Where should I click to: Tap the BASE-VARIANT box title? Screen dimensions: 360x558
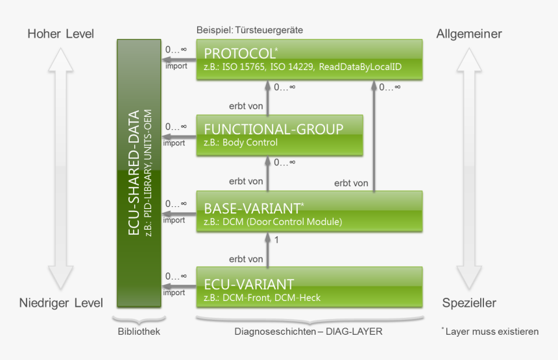pyautogui.click(x=252, y=209)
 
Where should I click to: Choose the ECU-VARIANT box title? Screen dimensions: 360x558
pyautogui.click(x=249, y=284)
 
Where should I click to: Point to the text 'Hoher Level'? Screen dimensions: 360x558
pyautogui.click(x=60, y=34)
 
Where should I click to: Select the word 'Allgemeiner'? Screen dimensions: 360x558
pyautogui.click(x=469, y=34)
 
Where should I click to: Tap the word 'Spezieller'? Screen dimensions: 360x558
pyautogui.click(x=469, y=303)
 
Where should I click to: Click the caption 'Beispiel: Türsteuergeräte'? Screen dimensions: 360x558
pyautogui.click(x=250, y=30)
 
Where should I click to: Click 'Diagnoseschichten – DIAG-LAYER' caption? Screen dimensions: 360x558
pyautogui.click(x=308, y=331)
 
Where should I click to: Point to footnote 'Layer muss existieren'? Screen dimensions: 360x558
pyautogui.click(x=492, y=331)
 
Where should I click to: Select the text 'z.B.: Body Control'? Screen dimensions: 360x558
pyautogui.click(x=241, y=143)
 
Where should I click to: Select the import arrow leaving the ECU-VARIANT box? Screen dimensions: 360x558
pyautogui.click(x=178, y=286)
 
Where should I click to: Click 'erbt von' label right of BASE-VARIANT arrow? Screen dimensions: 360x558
pyautogui.click(x=351, y=184)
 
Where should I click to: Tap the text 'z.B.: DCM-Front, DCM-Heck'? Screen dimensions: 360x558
pyautogui.click(x=262, y=298)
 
